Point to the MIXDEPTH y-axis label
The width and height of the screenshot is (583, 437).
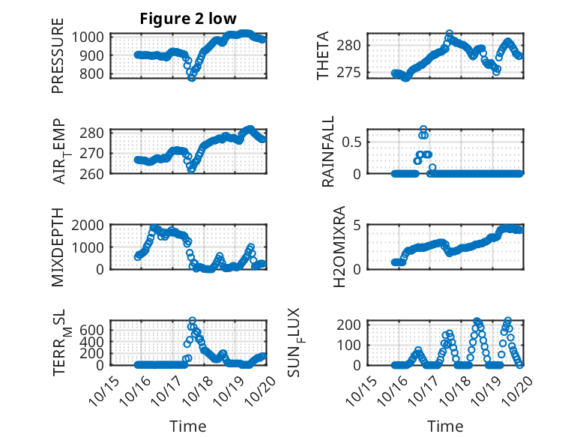pos(58,248)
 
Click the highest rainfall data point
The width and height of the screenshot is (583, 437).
pos(423,129)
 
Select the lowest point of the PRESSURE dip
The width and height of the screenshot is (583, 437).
pos(192,77)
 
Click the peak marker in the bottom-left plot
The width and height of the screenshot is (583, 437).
pos(192,321)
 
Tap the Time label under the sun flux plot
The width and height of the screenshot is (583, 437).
pos(445,426)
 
